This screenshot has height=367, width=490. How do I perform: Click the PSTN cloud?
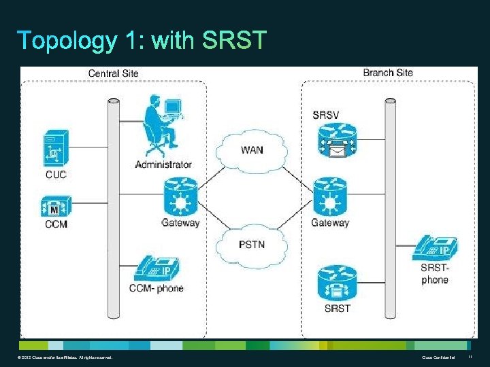tap(251, 243)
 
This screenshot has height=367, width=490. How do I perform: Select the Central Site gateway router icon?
tap(180, 196)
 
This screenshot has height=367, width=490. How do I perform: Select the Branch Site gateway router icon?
tap(330, 196)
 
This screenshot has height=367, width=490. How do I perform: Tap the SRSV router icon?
tap(336, 141)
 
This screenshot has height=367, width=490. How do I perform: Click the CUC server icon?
tap(55, 148)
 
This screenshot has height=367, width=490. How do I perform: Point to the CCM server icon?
tap(55, 204)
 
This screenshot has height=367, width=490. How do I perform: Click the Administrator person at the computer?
tap(161, 125)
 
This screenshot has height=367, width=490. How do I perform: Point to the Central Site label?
tap(114, 73)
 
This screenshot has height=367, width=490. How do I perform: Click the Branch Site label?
tap(388, 73)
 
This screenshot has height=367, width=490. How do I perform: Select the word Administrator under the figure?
tap(163, 164)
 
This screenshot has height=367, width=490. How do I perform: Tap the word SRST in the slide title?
tap(234, 41)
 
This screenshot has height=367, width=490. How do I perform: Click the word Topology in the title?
tap(67, 41)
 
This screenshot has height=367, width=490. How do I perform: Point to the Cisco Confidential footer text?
tap(436, 357)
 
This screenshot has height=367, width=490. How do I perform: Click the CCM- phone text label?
tap(156, 288)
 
